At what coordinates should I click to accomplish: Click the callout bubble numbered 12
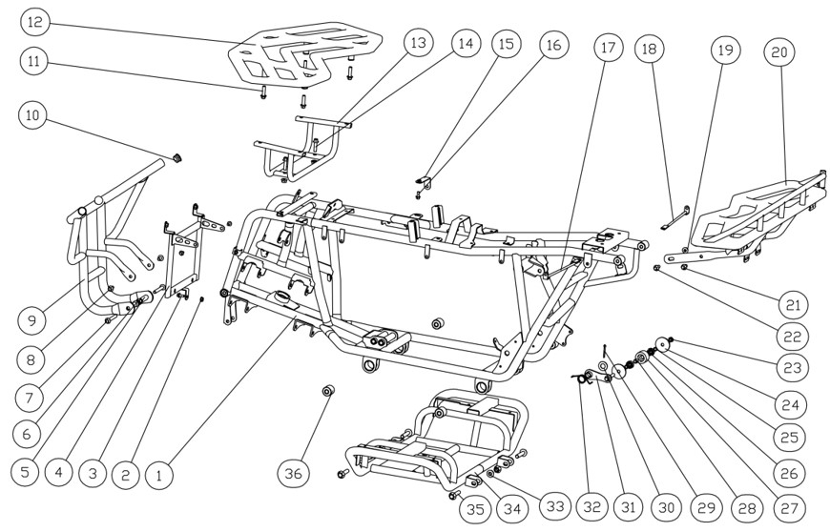point(35,21)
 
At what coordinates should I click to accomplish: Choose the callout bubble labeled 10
point(35,116)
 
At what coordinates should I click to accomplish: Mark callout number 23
point(791,366)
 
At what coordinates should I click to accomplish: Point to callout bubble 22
point(791,336)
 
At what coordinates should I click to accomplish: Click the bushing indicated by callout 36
point(328,391)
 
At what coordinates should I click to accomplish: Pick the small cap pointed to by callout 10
point(176,155)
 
